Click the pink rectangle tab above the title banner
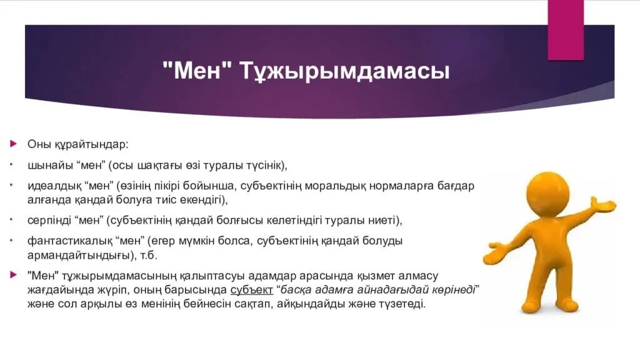[565, 29]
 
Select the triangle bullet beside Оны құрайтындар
[13, 144]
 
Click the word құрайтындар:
[89, 145]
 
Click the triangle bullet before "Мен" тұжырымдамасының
[13, 274]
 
